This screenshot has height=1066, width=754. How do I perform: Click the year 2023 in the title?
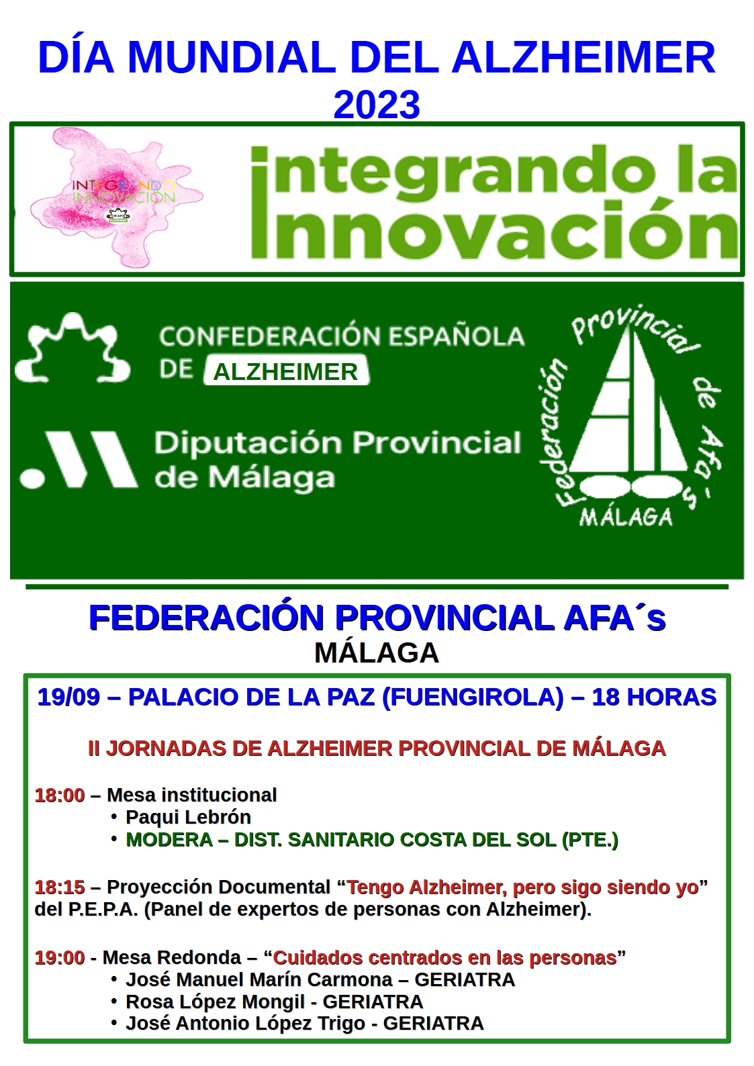(377, 105)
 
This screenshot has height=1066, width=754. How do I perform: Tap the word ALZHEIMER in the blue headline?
(583, 58)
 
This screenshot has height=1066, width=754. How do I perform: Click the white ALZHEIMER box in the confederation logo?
(286, 372)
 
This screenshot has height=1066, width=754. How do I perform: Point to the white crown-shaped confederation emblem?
(73, 348)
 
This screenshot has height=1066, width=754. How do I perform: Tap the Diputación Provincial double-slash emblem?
(79, 460)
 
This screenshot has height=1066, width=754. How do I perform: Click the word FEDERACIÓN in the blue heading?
(206, 618)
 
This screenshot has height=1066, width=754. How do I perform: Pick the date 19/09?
(69, 697)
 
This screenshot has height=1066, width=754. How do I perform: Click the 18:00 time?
(60, 795)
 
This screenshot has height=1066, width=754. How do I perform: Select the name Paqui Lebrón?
(189, 817)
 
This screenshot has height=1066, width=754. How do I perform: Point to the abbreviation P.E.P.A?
(103, 910)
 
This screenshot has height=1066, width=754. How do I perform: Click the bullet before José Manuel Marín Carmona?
(113, 980)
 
